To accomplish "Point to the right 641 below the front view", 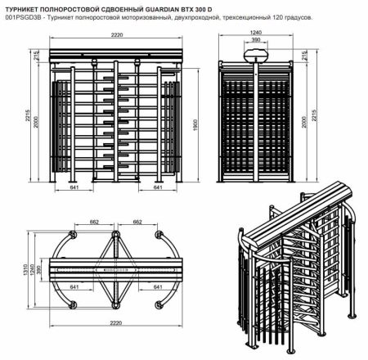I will coord(158,187).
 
